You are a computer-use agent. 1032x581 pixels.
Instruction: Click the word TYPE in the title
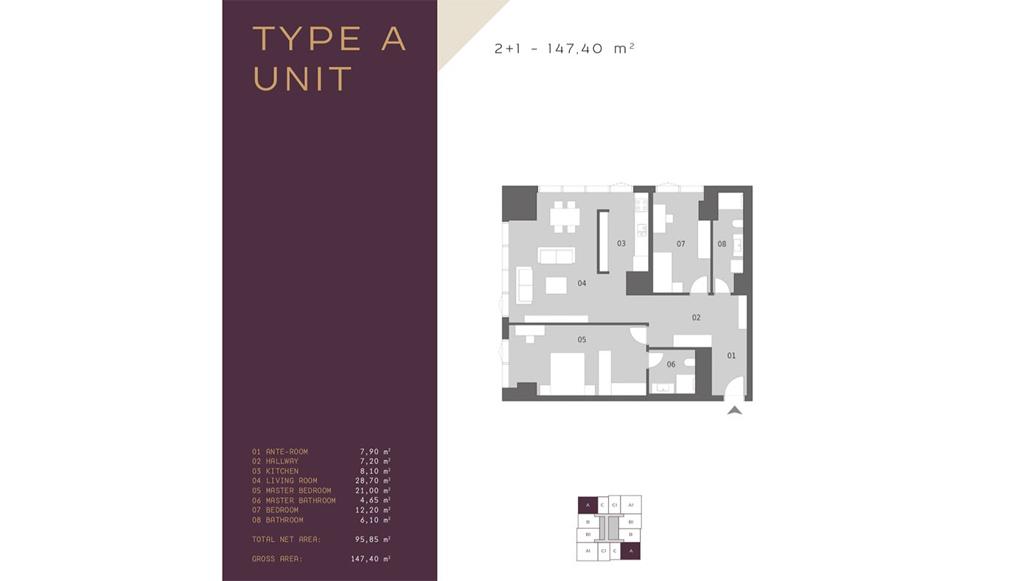point(307,38)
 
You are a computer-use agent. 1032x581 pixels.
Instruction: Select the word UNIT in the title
point(303,79)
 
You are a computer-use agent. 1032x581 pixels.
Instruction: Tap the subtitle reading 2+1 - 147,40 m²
point(565,49)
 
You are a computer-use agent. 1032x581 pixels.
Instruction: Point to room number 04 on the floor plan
point(582,283)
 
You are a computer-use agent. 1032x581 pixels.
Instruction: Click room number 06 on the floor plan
point(671,364)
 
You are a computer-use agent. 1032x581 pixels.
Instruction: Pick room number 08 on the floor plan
point(722,244)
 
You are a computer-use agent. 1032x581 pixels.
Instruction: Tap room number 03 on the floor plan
point(621,243)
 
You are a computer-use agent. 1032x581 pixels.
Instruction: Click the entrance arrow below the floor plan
point(735,410)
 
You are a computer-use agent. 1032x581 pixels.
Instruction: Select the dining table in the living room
point(565,217)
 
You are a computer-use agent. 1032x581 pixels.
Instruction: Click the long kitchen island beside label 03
point(603,241)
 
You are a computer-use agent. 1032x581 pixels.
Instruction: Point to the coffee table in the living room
point(556,285)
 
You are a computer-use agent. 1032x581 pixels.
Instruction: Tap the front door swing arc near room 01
point(733,385)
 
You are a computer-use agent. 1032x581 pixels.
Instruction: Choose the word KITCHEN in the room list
point(282,471)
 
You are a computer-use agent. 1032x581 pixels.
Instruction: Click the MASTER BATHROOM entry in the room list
point(301,501)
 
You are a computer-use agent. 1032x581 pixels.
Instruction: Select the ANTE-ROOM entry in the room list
point(287,451)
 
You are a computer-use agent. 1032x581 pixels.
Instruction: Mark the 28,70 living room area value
point(367,481)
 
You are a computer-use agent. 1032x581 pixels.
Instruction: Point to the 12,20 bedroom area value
point(367,510)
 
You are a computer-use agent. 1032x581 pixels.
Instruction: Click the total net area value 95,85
point(367,539)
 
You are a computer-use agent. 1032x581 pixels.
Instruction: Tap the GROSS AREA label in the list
point(277,559)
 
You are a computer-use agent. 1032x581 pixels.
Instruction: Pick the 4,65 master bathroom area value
point(369,500)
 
